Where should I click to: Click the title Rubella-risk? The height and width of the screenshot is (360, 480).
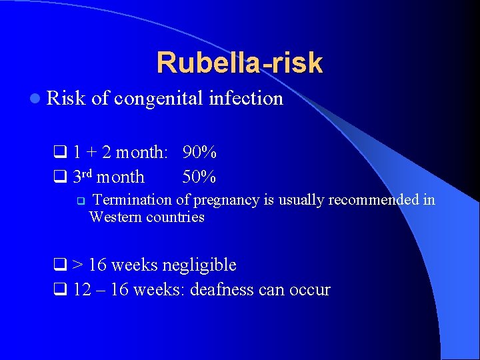239,63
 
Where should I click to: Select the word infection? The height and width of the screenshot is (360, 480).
246,99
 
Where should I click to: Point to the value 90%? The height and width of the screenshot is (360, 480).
199,153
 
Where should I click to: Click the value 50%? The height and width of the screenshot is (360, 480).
199,177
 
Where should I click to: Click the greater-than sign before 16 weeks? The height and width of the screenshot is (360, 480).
77,265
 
